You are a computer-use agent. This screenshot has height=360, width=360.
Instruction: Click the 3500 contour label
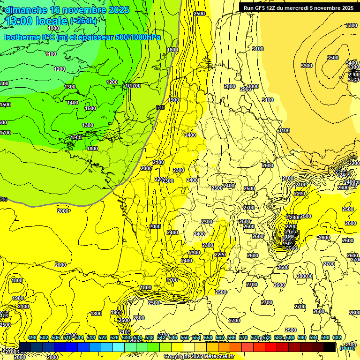(x=332, y=58)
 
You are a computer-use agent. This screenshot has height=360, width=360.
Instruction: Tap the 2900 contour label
(x=245, y=89)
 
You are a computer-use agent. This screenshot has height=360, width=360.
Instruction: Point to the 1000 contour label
(x=53, y=28)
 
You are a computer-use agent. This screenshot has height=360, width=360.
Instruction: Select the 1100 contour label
(x=51, y=54)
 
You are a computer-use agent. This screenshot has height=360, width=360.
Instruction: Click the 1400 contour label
(x=73, y=103)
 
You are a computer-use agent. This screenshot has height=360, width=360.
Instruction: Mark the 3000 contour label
(x=254, y=86)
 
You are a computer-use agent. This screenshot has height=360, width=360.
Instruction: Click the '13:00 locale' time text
(x=36, y=21)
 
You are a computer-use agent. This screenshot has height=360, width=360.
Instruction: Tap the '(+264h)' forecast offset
(x=84, y=21)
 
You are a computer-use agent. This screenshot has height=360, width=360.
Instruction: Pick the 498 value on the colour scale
(x=32, y=337)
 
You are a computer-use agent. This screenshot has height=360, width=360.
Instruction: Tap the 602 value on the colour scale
(x=337, y=337)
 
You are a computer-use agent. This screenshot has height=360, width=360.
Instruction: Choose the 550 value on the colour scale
(x=185, y=337)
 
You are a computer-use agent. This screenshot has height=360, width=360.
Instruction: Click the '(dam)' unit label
(x=347, y=347)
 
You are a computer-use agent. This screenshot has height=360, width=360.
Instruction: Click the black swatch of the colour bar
(x=330, y=347)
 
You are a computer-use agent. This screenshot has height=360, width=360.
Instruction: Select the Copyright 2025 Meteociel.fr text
(x=199, y=357)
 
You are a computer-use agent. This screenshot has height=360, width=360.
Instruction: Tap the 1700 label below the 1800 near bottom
(x=172, y=280)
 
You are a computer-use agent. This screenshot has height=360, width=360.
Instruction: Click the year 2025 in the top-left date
(x=119, y=9)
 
